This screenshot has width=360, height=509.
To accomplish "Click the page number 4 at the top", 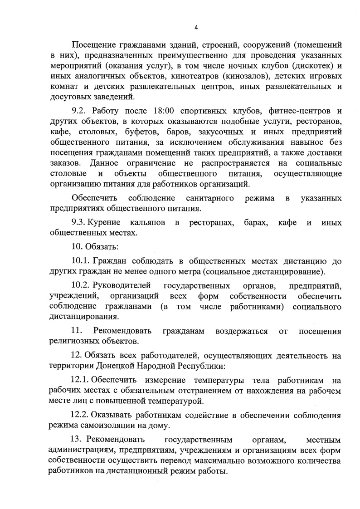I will tap(196, 27).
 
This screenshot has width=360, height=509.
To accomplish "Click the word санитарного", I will tap(210, 198).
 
